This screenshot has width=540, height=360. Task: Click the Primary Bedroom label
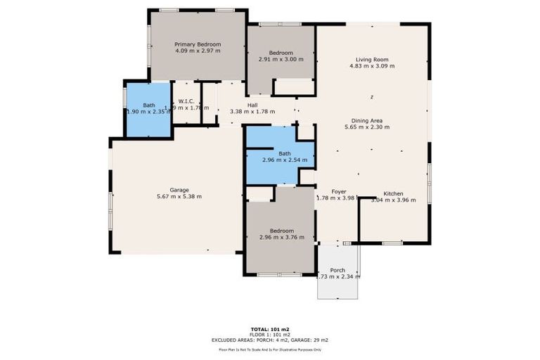tap(198, 44)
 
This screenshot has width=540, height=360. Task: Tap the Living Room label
tap(372, 60)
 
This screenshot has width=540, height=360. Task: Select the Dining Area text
tap(367, 121)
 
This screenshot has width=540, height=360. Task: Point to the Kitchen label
tap(393, 193)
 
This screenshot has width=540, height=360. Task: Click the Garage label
tap(179, 190)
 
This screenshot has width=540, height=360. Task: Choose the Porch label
tap(337, 270)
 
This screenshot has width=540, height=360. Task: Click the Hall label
tap(252, 105)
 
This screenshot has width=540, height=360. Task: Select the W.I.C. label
tap(186, 101)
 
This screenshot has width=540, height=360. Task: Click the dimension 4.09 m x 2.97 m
tap(198, 51)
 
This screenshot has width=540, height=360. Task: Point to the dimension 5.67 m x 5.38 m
tap(179, 197)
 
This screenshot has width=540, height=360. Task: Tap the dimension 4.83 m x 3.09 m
tap(372, 67)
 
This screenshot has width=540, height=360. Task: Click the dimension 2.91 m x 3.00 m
tap(281, 59)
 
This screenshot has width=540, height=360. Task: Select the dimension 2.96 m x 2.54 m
tap(284, 160)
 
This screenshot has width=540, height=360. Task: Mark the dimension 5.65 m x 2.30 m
tap(367, 128)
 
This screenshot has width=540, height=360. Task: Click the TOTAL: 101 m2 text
tap(270, 329)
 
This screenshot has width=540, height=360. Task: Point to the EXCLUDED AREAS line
tap(270, 340)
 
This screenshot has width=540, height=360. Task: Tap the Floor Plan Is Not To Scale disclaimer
tap(270, 349)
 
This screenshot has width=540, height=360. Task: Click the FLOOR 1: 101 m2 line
tap(270, 335)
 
